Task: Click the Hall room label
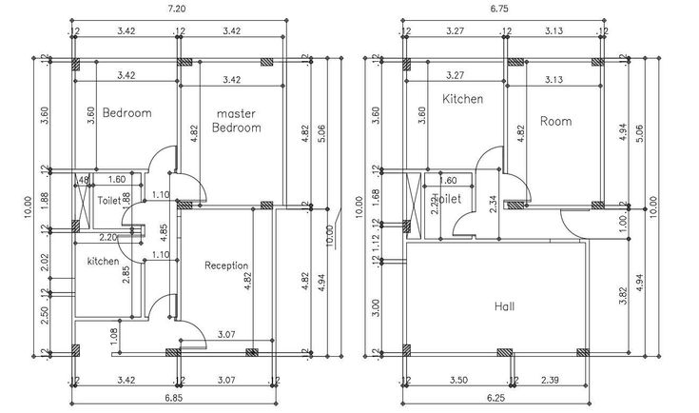(x=506, y=306)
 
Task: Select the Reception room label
(x=226, y=265)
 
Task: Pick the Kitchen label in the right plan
(x=462, y=99)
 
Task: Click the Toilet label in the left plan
(x=108, y=201)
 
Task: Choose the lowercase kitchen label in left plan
(x=104, y=261)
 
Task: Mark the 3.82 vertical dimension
(x=623, y=294)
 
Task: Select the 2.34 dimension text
(x=492, y=206)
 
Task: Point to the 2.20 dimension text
(x=107, y=236)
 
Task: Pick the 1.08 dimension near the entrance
(x=114, y=335)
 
